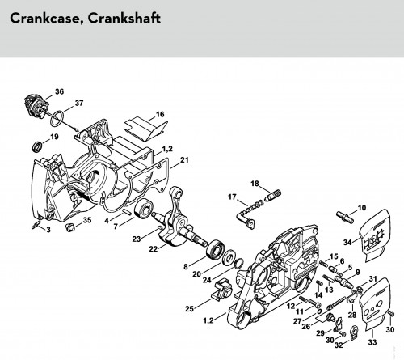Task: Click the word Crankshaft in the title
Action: tap(124, 19)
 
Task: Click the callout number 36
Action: tap(60, 91)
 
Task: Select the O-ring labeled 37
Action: tap(57, 118)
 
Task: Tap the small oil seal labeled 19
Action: tap(37, 146)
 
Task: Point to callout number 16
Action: tap(160, 114)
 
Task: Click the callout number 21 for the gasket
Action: tap(184, 160)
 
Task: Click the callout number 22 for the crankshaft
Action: tap(153, 249)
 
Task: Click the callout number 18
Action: tap(255, 184)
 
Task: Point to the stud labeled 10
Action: tap(345, 217)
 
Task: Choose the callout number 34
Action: tap(347, 242)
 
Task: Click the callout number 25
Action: tap(189, 308)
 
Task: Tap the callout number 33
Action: tap(372, 342)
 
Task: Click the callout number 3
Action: tap(48, 230)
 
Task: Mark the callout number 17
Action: tap(232, 197)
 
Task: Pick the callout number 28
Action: tap(352, 315)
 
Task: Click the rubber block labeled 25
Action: tap(223, 290)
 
